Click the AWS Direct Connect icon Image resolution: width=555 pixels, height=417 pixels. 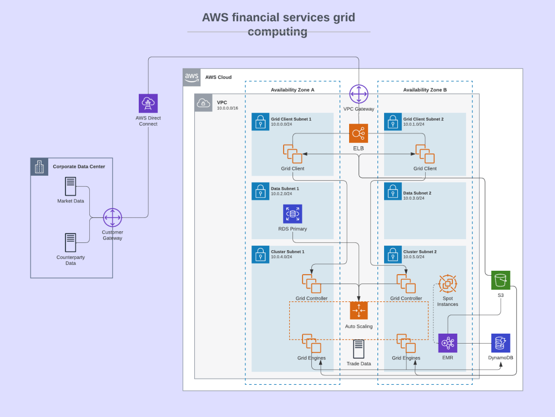pos(148,103)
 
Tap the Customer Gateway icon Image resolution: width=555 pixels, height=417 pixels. pos(112,217)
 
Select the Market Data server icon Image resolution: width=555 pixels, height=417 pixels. pos(70,186)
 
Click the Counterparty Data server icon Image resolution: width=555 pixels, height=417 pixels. pos(70,242)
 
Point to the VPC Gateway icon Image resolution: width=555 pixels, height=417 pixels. pos(359,94)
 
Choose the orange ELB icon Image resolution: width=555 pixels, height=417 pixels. pos(359,133)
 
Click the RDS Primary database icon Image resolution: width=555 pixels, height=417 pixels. pos(292,214)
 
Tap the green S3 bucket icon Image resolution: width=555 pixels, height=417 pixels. pos(500,280)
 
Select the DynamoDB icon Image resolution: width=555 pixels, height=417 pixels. pos(500,343)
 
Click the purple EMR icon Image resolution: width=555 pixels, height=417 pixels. pos(447,343)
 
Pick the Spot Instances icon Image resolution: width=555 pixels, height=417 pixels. pos(447,284)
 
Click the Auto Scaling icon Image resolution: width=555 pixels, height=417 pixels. pos(359,311)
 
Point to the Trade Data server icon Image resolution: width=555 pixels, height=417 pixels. pos(359,349)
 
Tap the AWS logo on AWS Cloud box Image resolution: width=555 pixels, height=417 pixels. pos(192,77)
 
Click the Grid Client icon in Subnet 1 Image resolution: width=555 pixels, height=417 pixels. pos(292,153)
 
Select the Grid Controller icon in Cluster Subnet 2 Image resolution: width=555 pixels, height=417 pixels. pos(406,284)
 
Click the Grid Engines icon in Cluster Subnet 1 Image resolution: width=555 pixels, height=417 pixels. pos(311,343)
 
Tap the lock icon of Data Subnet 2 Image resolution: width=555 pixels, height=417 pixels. pos(393,192)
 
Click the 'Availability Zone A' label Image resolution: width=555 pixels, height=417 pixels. pos(292,90)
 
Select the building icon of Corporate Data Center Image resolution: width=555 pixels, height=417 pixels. pos(39,167)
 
